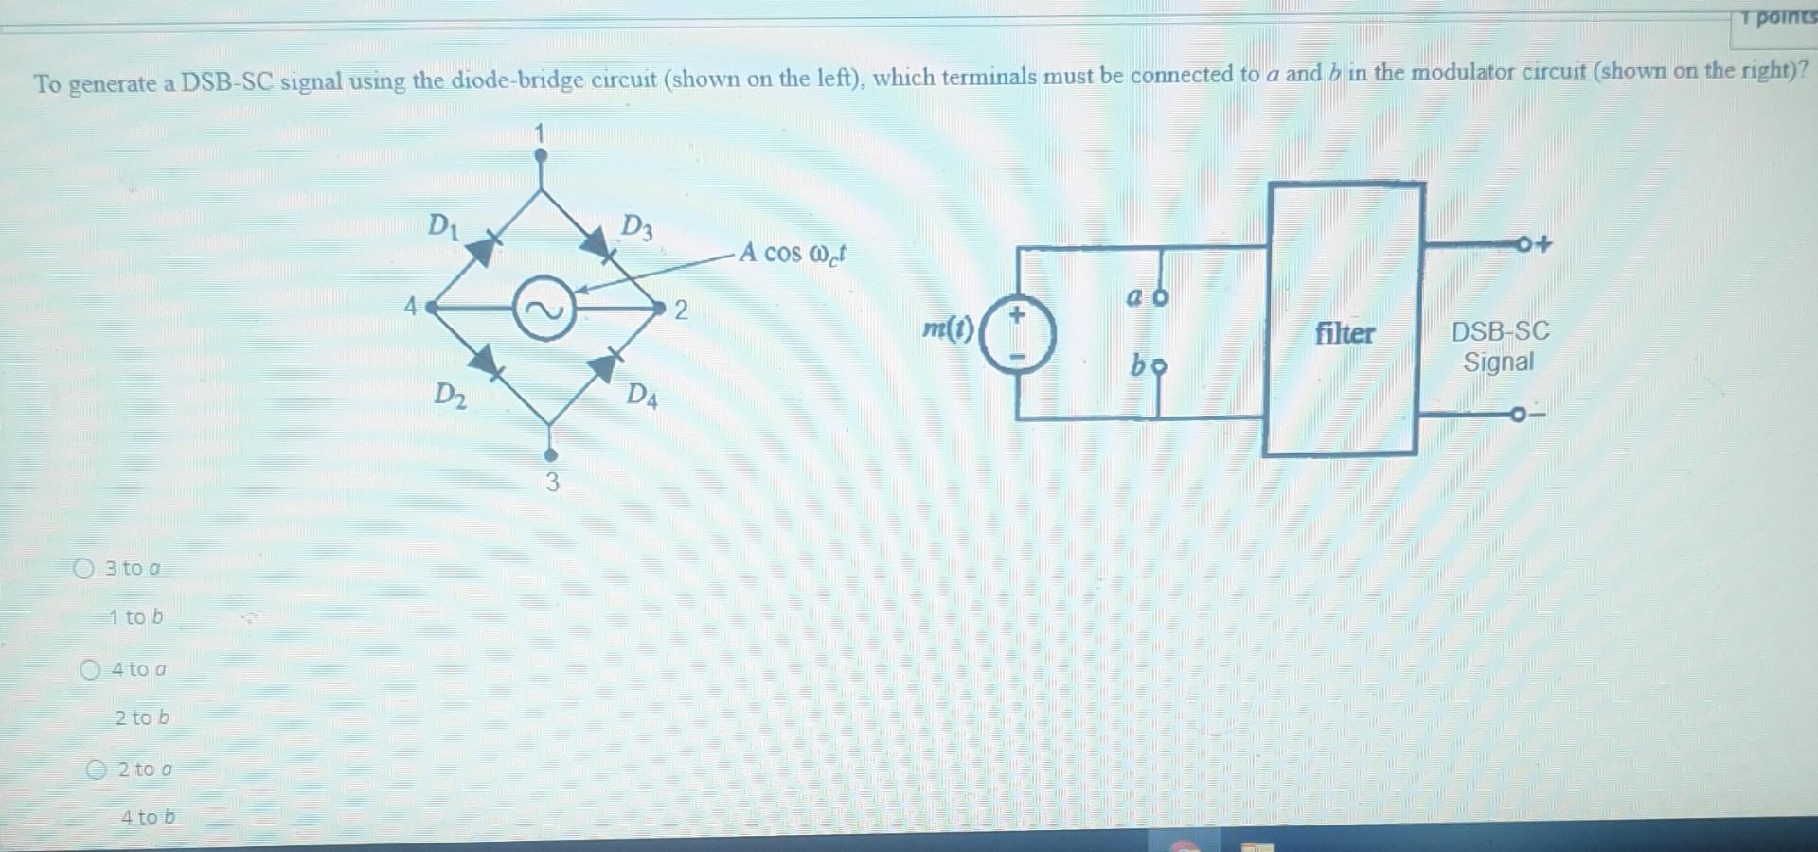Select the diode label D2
(450, 394)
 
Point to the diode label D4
(642, 394)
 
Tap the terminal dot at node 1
(541, 157)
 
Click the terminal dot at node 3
(551, 456)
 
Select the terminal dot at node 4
(431, 308)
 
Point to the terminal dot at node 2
(660, 308)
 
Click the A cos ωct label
(793, 253)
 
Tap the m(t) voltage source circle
(1017, 336)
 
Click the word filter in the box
(1344, 333)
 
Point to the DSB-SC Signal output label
(1500, 346)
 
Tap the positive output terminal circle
(1524, 244)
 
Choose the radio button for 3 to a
(84, 568)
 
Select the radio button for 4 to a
(90, 670)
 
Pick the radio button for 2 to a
(97, 770)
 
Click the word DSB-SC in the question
(227, 81)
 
